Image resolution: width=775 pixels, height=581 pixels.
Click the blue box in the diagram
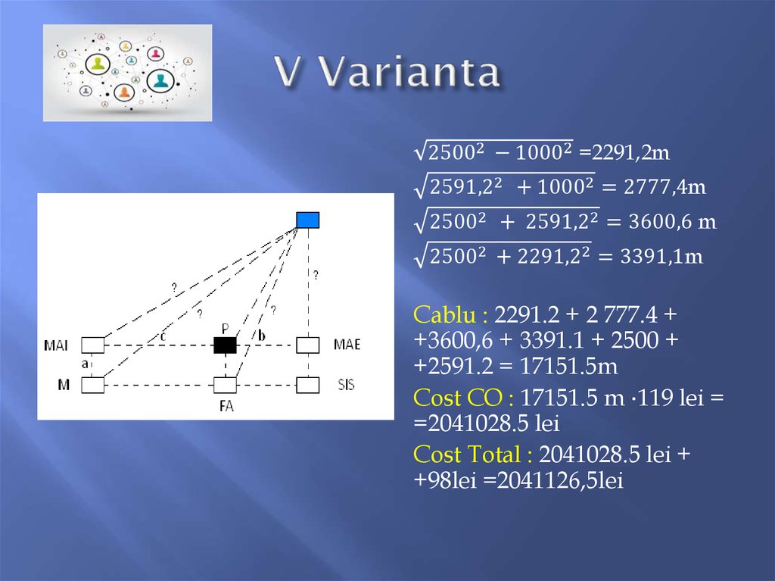pyautogui.click(x=307, y=220)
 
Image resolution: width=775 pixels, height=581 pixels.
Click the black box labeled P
pyautogui.click(x=225, y=345)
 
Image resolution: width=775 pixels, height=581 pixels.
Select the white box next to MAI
pyautogui.click(x=92, y=345)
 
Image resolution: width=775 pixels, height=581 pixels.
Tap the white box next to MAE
pyautogui.click(x=307, y=345)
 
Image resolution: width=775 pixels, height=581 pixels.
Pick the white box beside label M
pyautogui.click(x=92, y=386)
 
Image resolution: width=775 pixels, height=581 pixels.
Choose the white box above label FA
pyautogui.click(x=225, y=386)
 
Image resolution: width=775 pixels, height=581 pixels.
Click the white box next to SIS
pyautogui.click(x=307, y=386)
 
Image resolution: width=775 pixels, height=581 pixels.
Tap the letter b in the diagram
pyautogui.click(x=261, y=336)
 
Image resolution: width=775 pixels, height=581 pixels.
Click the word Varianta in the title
pyautogui.click(x=409, y=73)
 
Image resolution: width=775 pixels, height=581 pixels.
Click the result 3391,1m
pyautogui.click(x=663, y=257)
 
